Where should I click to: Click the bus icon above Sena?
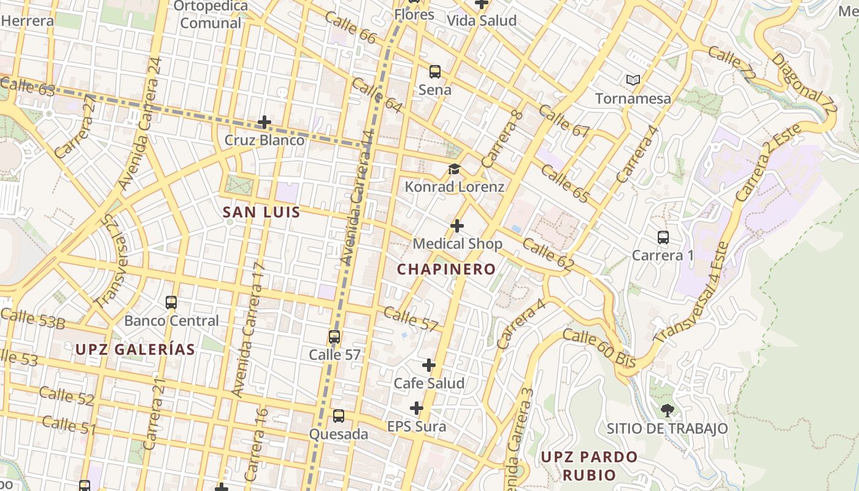click(435, 72)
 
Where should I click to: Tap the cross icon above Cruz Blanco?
click(264, 122)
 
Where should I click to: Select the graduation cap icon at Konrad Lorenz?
click(454, 169)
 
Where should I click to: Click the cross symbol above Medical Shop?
click(457, 226)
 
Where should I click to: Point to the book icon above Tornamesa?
click(633, 80)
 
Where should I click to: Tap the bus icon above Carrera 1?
click(663, 238)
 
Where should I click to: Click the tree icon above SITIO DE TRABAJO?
click(667, 411)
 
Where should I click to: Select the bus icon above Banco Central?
click(171, 303)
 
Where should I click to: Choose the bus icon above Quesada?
click(338, 416)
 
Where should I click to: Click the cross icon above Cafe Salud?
click(429, 365)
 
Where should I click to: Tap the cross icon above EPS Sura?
click(417, 408)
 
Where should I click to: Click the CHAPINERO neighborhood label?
click(446, 269)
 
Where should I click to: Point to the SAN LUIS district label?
click(261, 212)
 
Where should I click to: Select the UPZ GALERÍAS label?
click(135, 349)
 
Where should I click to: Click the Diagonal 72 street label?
click(804, 84)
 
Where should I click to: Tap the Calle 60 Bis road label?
click(599, 349)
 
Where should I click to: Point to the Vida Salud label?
click(482, 20)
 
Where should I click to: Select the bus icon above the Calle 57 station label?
click(334, 337)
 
